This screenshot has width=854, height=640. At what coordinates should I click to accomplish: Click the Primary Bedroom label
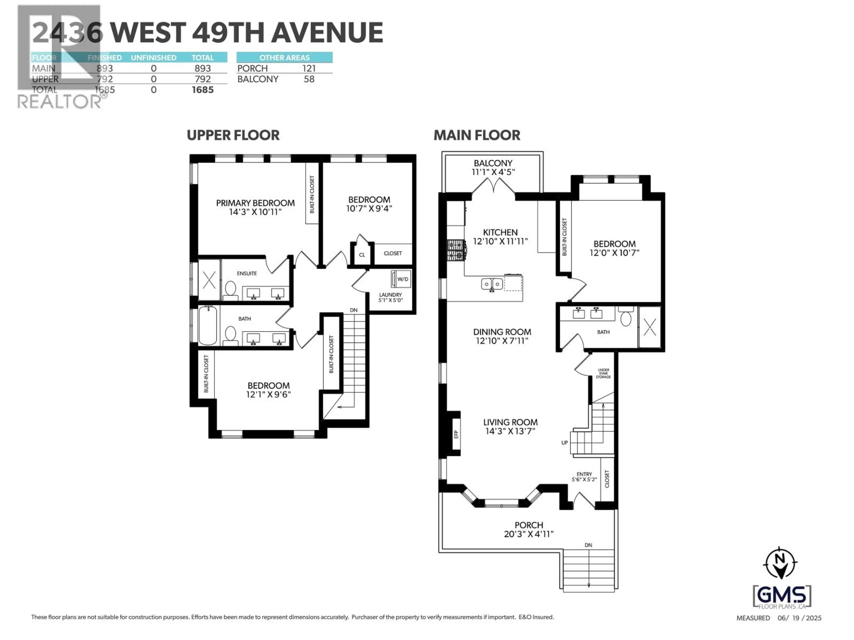pyautogui.click(x=255, y=207)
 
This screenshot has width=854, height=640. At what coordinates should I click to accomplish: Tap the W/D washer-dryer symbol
pyautogui.click(x=401, y=279)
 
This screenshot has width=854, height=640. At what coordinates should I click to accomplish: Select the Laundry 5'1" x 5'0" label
pyautogui.click(x=390, y=297)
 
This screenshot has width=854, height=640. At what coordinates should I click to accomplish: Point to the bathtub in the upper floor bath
pyautogui.click(x=208, y=325)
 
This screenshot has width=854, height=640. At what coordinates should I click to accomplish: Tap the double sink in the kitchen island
pyautogui.click(x=491, y=284)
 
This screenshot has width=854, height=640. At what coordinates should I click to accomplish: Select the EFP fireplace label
pyautogui.click(x=456, y=434)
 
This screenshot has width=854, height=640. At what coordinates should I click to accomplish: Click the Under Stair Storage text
pyautogui.click(x=603, y=373)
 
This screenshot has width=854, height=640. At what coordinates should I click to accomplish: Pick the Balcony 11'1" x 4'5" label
pyautogui.click(x=493, y=167)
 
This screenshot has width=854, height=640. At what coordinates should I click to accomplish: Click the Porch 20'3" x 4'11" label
pyautogui.click(x=529, y=529)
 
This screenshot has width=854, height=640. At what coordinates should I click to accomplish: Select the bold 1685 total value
pyautogui.click(x=202, y=90)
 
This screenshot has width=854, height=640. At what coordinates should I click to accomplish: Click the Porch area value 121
pyautogui.click(x=309, y=68)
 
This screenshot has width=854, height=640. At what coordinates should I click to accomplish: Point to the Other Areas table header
pyautogui.click(x=284, y=58)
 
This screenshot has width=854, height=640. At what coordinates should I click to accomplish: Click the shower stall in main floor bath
pyautogui.click(x=650, y=327)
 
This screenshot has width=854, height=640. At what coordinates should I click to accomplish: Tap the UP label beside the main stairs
pyautogui.click(x=564, y=442)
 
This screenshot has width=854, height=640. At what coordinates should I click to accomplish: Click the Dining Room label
pyautogui.click(x=502, y=336)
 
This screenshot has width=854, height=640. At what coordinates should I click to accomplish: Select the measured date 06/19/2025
pyautogui.click(x=799, y=618)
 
